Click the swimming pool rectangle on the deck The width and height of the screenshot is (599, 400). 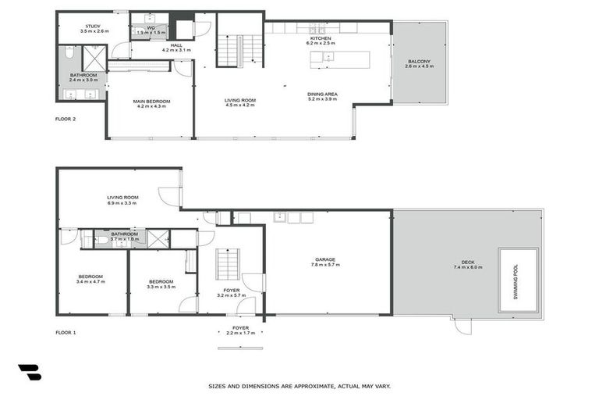[518, 280]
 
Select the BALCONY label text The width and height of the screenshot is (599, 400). [418, 62]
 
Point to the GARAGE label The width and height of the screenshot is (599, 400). [324, 260]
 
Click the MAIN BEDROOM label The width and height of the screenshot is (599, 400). [151, 102]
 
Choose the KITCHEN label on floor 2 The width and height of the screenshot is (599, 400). [321, 38]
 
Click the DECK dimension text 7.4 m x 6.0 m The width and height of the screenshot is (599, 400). [468, 267]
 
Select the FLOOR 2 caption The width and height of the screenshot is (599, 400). [66, 120]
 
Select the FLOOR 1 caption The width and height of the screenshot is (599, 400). [66, 311]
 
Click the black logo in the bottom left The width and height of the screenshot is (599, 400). [29, 372]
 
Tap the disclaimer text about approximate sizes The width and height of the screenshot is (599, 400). [299, 386]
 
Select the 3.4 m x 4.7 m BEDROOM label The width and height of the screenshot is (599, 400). [90, 278]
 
